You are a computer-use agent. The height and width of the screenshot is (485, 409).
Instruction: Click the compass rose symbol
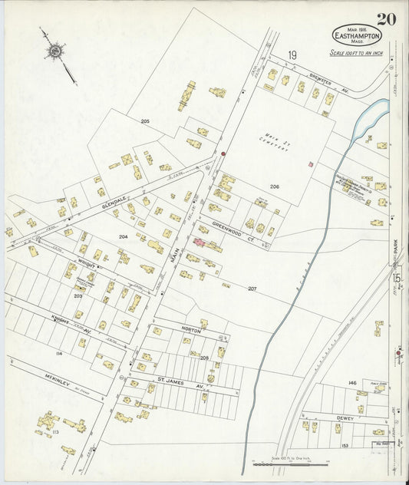click(54, 51)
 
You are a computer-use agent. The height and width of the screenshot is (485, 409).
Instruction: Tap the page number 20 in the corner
click(386, 19)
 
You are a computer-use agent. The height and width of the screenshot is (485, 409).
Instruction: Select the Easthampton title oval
click(357, 35)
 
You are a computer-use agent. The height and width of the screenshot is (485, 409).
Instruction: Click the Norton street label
click(191, 330)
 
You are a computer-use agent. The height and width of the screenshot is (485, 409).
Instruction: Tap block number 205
click(144, 121)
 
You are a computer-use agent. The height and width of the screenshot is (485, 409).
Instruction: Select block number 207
click(252, 289)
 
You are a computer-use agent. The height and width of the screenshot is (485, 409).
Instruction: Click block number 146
click(352, 381)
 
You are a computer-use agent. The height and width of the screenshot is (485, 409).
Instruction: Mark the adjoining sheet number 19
click(292, 54)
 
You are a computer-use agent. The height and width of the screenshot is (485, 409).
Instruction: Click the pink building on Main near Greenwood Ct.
click(198, 242)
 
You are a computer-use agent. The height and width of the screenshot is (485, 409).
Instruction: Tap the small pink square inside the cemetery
click(310, 163)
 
